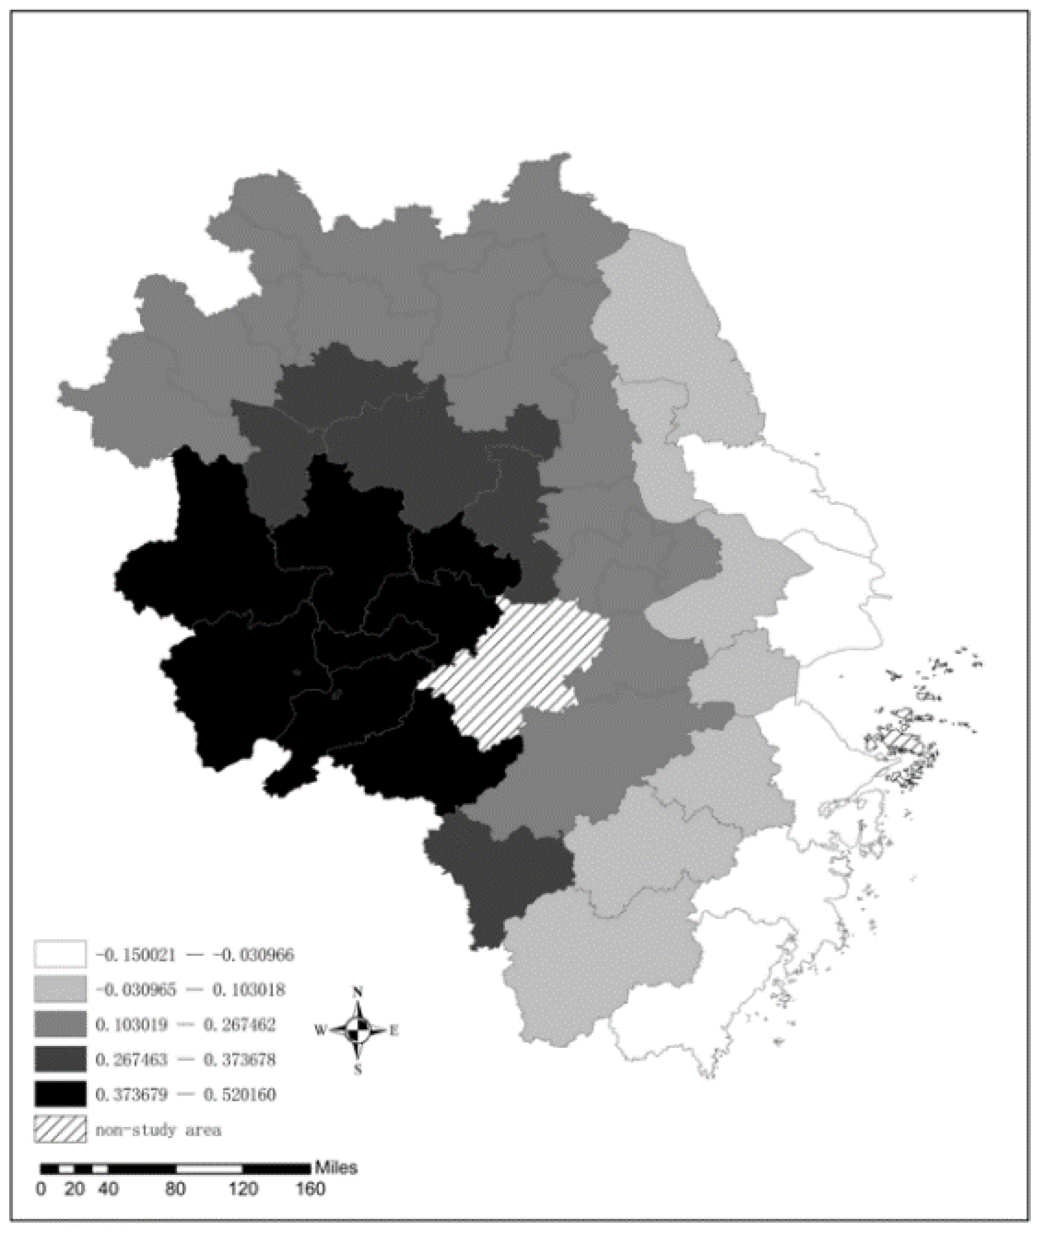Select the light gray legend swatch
tap(60, 989)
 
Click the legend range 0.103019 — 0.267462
tap(186, 1025)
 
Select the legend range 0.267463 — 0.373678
tap(186, 1060)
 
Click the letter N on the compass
tap(357, 992)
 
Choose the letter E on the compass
tap(394, 1031)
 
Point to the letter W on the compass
tap(320, 1031)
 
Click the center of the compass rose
tap(357, 1031)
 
